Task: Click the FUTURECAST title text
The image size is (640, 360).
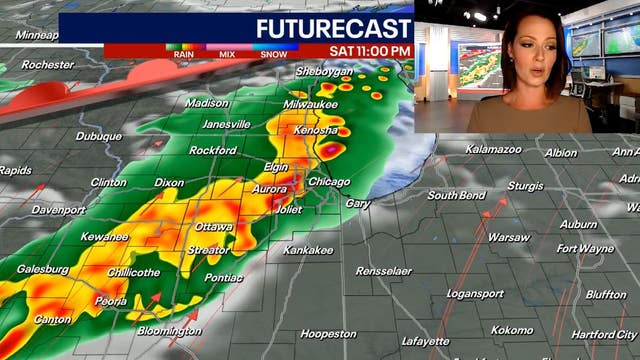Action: [x=333, y=27]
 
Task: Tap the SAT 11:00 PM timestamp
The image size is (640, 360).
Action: [x=369, y=51]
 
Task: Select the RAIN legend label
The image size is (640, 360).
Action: [x=184, y=54]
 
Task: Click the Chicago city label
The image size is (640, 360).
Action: [x=329, y=182]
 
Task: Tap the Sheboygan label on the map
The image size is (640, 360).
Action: [x=325, y=72]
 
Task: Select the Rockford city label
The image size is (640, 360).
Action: [x=213, y=151]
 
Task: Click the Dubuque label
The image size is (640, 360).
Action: [x=98, y=136]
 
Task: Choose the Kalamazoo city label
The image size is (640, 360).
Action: [x=493, y=149]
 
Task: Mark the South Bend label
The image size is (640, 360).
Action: [x=456, y=195]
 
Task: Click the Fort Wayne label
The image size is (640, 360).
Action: [x=586, y=248]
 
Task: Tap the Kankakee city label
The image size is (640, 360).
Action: [x=307, y=249]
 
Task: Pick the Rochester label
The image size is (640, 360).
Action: [x=47, y=64]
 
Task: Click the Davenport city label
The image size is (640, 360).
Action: [x=58, y=210]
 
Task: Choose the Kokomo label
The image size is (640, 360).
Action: [x=512, y=329]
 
